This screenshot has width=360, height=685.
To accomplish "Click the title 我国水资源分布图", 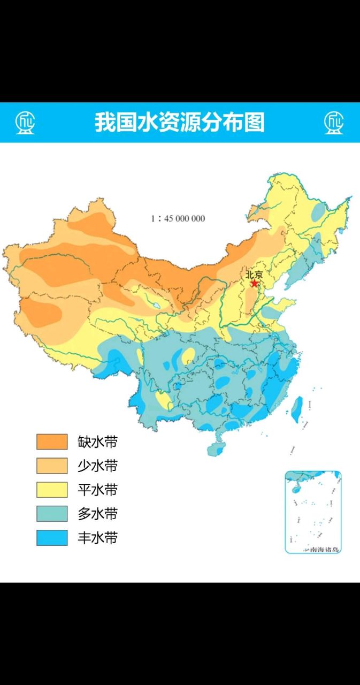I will [x=180, y=123].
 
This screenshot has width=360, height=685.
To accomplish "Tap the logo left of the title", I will [x=25, y=123].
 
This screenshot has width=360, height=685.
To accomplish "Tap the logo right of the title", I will [x=334, y=123].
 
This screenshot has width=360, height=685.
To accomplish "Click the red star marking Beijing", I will [x=255, y=283].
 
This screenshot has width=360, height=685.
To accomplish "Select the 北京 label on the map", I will [x=254, y=275].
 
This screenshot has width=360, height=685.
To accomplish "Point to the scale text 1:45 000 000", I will [x=178, y=218].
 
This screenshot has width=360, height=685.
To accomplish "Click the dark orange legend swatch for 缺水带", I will [x=52, y=442].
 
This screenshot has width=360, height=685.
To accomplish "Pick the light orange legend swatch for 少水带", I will [x=52, y=466].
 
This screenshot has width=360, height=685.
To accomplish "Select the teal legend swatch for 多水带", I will [x=52, y=514].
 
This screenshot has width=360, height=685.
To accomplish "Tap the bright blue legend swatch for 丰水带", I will [x=52, y=538].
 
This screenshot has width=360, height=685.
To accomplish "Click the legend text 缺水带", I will [x=97, y=442].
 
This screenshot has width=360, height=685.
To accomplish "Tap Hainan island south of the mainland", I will [x=216, y=447].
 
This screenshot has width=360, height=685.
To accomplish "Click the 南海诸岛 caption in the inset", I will [x=320, y=549].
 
